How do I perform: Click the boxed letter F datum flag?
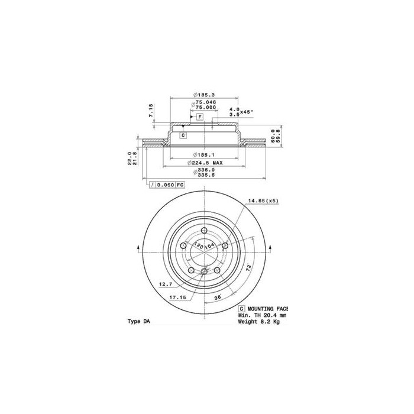[200, 118]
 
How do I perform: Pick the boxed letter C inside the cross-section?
[183, 135]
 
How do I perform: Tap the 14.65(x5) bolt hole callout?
[263, 200]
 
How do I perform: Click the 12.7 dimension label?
[164, 284]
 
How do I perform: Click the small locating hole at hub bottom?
[204, 272]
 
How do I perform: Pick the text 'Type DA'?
[140, 321]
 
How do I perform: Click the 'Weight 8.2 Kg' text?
[260, 323]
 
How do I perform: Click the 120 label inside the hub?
[199, 245]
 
